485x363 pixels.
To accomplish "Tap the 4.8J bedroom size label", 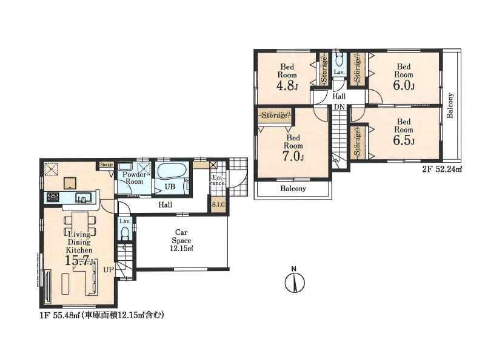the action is [287, 85].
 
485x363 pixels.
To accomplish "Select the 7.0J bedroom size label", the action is [293, 156].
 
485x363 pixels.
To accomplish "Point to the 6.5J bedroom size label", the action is [404, 140].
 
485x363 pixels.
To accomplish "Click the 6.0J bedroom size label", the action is [404, 85].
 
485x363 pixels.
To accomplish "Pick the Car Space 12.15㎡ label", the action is [181, 240].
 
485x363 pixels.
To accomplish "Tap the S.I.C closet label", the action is [218, 204].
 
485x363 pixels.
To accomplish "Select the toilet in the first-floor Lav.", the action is [125, 232].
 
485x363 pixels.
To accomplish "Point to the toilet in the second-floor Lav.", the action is [339, 59].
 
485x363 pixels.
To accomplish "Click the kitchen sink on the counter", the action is [84, 197].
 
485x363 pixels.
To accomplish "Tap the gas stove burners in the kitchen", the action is [53, 197].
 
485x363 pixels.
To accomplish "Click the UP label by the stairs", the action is [109, 270].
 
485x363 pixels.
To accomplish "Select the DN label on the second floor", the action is [339, 107].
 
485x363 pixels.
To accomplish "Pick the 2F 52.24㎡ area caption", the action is [442, 169].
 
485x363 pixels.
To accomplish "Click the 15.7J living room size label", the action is [79, 261].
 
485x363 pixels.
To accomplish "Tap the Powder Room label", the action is [134, 178].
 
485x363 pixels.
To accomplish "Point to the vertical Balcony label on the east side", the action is [450, 105].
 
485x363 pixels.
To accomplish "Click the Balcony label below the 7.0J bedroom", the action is [293, 188].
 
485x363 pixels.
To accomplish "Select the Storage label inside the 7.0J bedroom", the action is [275, 116].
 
